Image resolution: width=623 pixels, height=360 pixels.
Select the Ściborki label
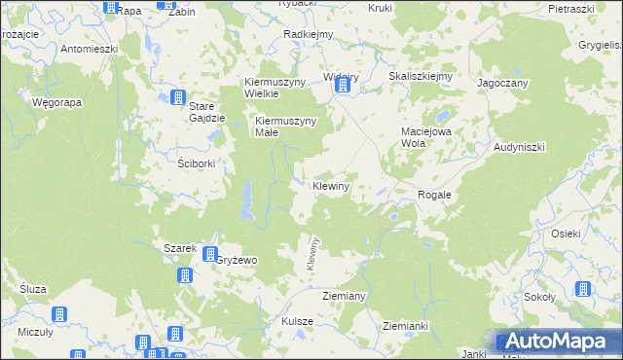(197, 162)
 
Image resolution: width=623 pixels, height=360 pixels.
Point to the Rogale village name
(434, 195)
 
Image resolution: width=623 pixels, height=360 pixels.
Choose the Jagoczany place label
(502, 84)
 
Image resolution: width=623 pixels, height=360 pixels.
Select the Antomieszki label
(89, 48)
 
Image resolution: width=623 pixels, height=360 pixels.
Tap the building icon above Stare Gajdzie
(178, 97)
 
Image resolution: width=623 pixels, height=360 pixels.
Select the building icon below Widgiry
(343, 87)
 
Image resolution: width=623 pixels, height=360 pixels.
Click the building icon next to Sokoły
(582, 289)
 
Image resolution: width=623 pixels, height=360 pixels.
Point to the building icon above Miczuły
(57, 314)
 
